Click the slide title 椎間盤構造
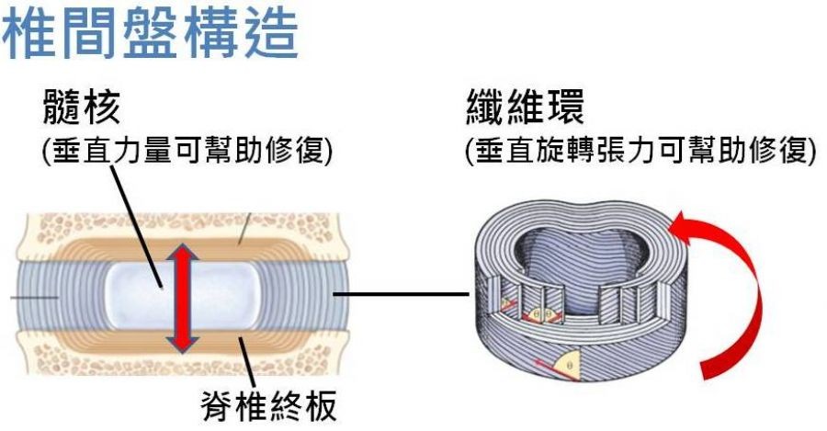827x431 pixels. (x=151, y=32)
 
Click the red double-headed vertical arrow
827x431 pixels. (x=183, y=296)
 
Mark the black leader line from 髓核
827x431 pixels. (x=138, y=221)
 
